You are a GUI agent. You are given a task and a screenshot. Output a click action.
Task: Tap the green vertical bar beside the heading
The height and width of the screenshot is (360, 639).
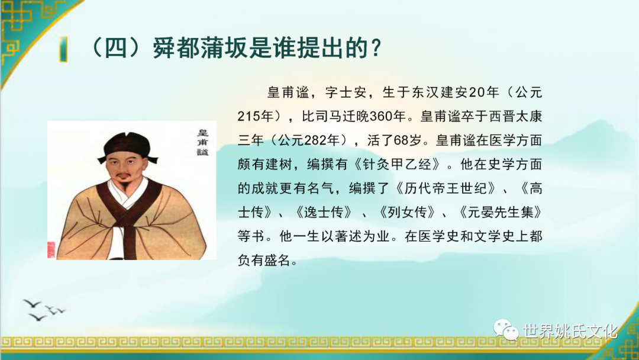click(x=63, y=49)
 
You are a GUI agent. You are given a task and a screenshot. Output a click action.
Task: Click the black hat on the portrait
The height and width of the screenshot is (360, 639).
click(x=128, y=147)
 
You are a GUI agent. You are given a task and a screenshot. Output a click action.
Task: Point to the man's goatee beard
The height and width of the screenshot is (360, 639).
click(x=123, y=188)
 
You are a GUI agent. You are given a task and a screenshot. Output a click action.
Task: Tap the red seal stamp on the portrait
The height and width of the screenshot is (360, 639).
click(x=51, y=249)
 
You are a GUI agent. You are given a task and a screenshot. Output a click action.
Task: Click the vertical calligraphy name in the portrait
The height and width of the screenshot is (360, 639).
click(x=202, y=142)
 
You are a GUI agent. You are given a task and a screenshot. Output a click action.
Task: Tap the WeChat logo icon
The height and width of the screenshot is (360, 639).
click(x=506, y=330)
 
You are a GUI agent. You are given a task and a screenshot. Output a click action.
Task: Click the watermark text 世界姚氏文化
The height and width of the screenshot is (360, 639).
click(x=570, y=331)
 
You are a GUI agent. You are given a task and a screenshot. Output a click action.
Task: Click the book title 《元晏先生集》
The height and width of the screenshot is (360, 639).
click(x=500, y=212)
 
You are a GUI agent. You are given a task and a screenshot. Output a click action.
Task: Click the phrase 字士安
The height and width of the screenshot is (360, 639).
click(x=345, y=92)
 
